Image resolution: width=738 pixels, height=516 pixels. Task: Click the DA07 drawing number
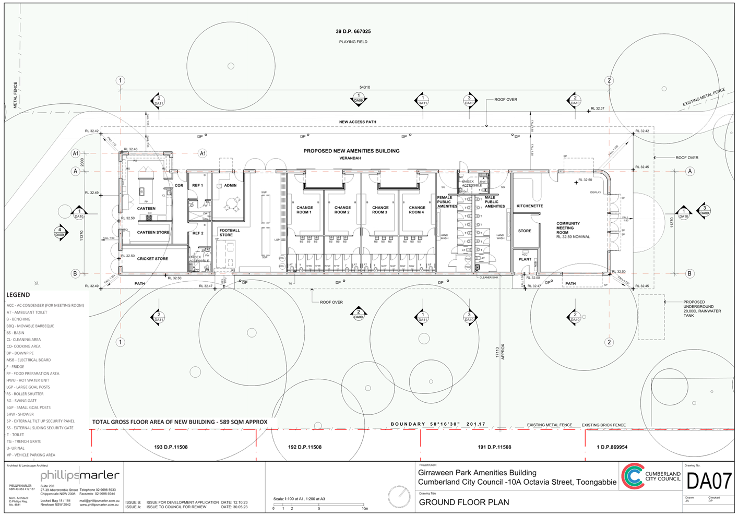[x=709, y=481]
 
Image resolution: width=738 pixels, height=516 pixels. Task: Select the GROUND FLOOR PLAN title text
[x=464, y=502]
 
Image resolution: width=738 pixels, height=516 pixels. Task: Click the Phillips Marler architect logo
[x=79, y=475]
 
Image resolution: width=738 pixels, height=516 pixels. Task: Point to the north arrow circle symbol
[x=399, y=495]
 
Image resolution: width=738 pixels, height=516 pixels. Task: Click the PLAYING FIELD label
[x=353, y=42]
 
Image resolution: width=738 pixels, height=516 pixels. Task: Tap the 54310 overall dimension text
[x=365, y=87]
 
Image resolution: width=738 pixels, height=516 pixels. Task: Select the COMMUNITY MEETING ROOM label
[x=568, y=228]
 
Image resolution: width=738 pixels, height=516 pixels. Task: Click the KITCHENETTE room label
[x=530, y=206]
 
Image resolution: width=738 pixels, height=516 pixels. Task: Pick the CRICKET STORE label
[x=152, y=259]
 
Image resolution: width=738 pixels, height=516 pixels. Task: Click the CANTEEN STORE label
[x=153, y=232]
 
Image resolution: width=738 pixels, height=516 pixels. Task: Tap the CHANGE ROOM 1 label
[x=304, y=210]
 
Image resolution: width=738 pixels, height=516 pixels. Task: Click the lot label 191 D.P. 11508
[x=495, y=447]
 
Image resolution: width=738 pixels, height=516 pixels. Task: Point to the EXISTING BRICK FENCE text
[x=604, y=425]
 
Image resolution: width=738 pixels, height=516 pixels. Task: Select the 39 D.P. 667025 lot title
[x=353, y=32]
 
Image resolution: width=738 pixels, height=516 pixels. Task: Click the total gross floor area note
[x=180, y=422]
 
